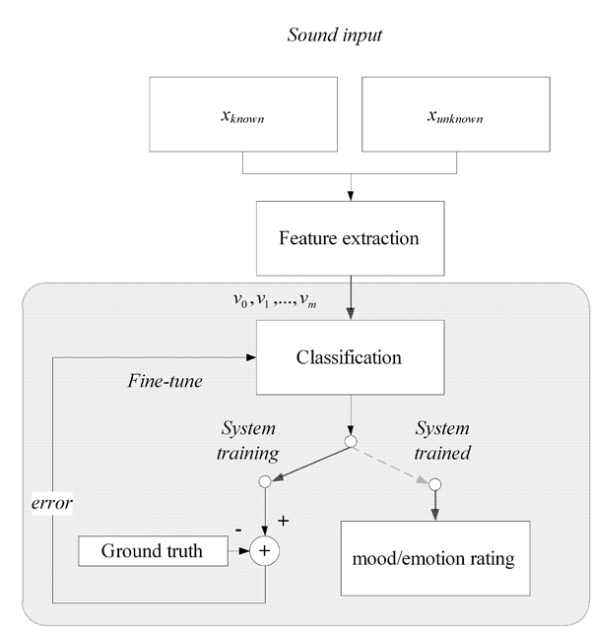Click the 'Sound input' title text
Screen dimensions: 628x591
[x=334, y=35]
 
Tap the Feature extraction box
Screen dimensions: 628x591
[x=349, y=238]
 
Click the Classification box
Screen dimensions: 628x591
[x=349, y=357]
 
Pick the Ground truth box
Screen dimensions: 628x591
[x=152, y=551]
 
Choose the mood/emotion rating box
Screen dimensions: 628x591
[x=434, y=558]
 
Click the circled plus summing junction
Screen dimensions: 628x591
[x=263, y=552]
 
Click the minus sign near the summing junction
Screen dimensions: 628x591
[x=239, y=530]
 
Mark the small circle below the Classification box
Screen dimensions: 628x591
[x=350, y=442]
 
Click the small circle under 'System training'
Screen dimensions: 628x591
[x=264, y=482]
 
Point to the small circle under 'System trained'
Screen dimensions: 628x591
[x=434, y=483]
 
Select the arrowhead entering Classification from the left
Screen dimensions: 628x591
[x=250, y=357]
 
